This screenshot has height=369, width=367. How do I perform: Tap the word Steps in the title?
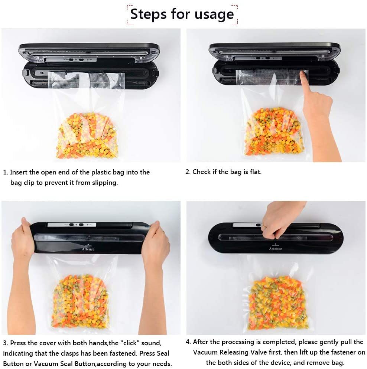click(x=148, y=14)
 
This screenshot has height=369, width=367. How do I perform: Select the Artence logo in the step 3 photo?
click(x=88, y=249)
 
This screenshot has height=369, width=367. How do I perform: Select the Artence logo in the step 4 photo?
click(x=275, y=248)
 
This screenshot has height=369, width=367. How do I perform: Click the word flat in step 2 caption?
click(x=254, y=172)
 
